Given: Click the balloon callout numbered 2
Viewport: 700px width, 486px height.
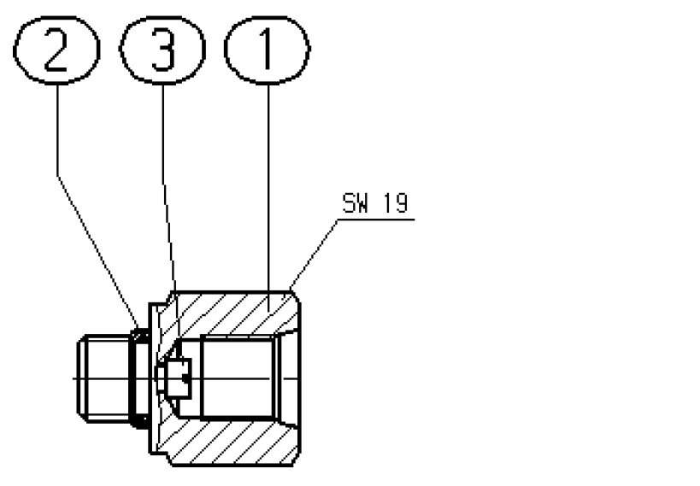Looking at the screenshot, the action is (56, 50).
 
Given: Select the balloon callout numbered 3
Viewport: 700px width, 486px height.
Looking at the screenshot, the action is (162, 50).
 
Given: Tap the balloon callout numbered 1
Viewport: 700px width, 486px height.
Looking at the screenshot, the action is (268, 50).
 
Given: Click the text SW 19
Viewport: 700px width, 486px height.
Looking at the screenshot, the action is (375, 203).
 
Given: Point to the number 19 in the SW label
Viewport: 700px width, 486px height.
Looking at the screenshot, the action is (396, 203).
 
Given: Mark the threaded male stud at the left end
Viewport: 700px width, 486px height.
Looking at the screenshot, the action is (103, 378).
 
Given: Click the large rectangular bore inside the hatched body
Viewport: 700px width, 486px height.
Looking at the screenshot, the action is (237, 378).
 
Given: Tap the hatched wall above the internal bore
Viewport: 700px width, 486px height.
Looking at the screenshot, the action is (232, 313).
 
